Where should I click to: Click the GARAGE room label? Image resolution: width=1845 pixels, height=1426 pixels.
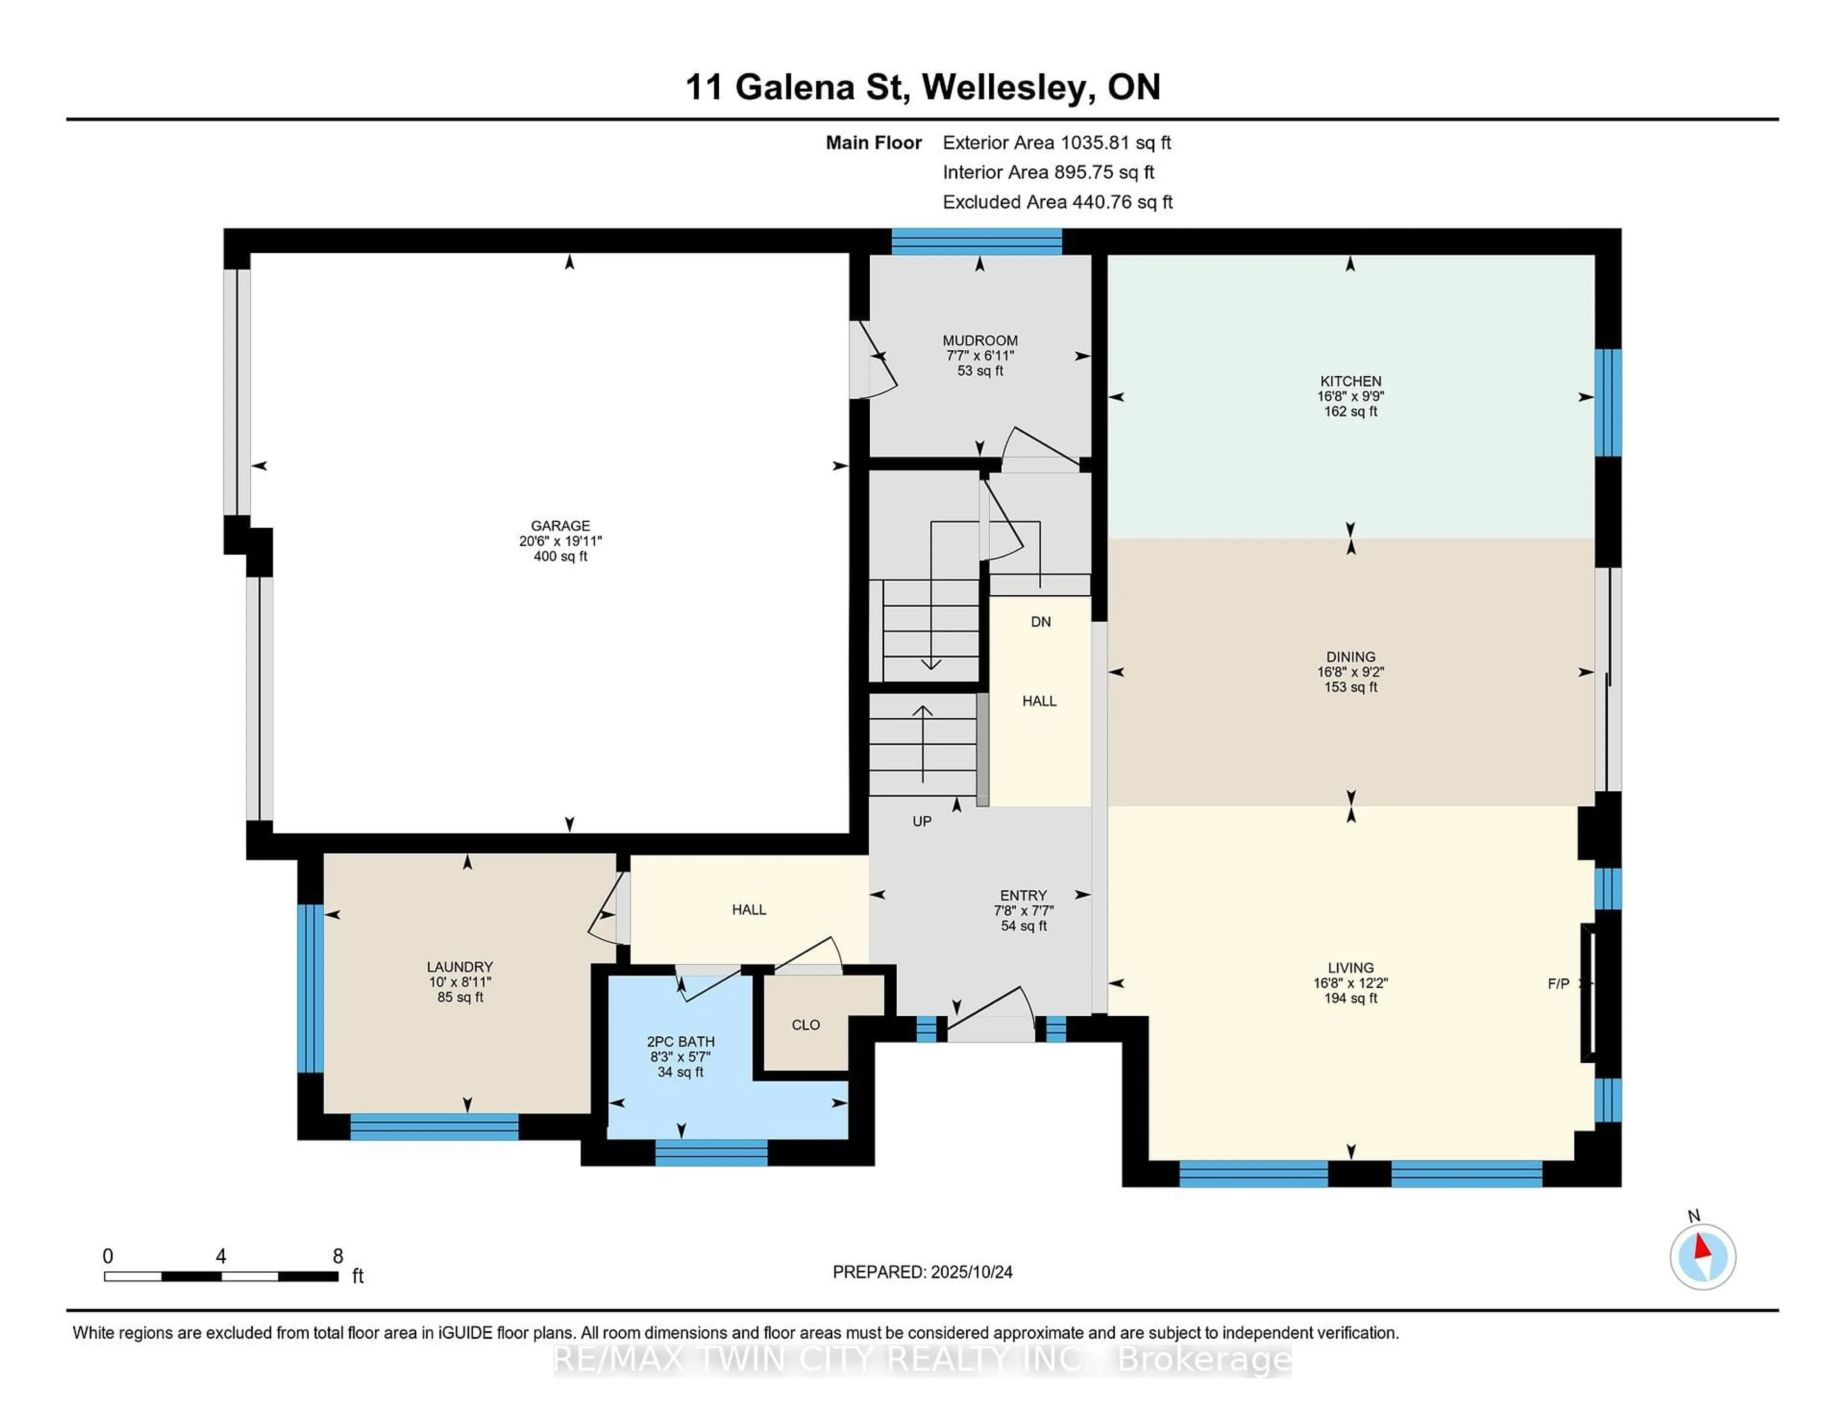click(560, 526)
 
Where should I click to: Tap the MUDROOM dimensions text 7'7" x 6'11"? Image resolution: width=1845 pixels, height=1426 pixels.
click(980, 356)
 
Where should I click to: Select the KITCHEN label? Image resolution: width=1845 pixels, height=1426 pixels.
click(1350, 381)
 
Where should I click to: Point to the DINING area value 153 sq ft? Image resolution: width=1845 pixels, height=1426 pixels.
click(1350, 687)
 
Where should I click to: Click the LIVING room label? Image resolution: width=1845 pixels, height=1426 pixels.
click(1350, 967)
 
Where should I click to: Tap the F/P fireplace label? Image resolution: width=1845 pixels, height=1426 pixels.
click(1558, 983)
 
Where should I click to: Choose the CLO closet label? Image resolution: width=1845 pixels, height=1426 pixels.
click(805, 1025)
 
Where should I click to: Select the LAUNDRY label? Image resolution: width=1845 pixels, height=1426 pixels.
click(459, 966)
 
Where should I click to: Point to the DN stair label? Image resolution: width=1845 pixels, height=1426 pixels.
click(1040, 622)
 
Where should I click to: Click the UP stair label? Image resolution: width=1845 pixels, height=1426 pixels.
click(922, 821)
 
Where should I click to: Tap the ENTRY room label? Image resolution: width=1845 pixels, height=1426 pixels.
click(1023, 895)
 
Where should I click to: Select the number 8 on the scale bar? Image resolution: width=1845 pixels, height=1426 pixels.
click(338, 1256)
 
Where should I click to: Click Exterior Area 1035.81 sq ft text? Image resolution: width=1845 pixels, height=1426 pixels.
click(1056, 143)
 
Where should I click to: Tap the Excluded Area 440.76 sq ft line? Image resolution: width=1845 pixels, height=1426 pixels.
click(1057, 202)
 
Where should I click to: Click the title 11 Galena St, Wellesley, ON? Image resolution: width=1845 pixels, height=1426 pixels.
click(922, 87)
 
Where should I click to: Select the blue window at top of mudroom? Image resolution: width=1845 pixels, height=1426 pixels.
click(977, 242)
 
